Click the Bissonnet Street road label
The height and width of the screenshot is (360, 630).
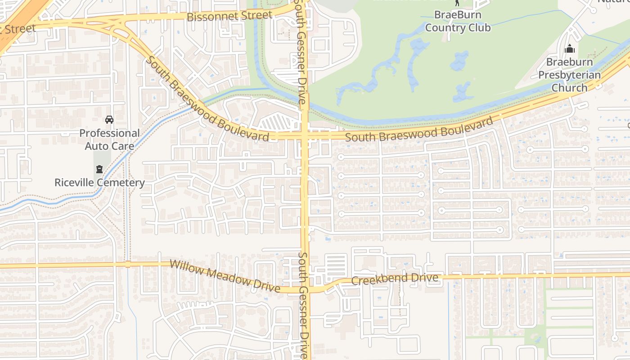tap(229, 16)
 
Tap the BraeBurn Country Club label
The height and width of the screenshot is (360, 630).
tap(458, 21)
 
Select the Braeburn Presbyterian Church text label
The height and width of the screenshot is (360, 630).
tap(569, 75)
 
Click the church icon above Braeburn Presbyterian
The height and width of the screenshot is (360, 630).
tap(569, 49)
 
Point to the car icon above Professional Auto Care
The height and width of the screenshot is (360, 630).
tap(109, 120)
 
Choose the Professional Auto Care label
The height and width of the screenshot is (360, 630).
tap(109, 139)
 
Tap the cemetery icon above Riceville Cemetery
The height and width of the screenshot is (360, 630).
tap(99, 169)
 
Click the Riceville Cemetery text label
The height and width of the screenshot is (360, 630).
tap(99, 183)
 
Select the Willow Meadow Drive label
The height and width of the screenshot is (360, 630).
tap(225, 275)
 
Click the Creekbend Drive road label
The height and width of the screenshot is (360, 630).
tap(394, 279)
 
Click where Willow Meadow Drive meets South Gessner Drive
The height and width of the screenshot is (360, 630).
tap(306, 289)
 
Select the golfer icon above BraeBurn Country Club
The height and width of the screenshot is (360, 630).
tap(457, 2)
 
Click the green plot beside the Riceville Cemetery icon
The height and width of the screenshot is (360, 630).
tap(102, 157)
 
